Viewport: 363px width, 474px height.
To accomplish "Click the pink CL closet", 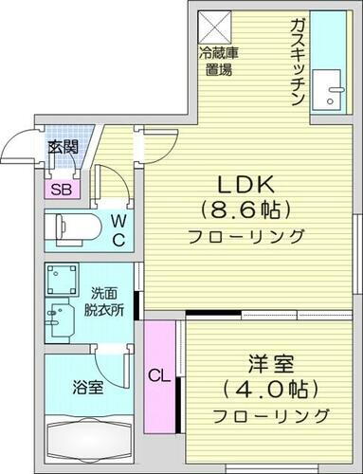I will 158,374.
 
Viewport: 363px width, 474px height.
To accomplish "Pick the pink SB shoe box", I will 59,189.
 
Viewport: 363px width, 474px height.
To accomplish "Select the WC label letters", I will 118,228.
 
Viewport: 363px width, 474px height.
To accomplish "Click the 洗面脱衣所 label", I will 104,302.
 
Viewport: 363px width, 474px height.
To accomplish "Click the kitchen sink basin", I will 333,92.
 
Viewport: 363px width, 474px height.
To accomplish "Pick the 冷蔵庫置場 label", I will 219,60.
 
